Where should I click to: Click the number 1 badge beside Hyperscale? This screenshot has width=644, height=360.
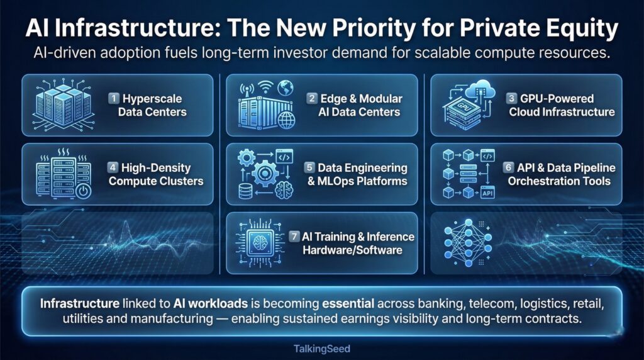(114, 98)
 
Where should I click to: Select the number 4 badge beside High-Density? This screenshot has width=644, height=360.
(113, 168)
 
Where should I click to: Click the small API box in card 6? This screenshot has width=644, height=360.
(487, 193)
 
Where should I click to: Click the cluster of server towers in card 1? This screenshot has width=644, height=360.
(62, 104)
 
